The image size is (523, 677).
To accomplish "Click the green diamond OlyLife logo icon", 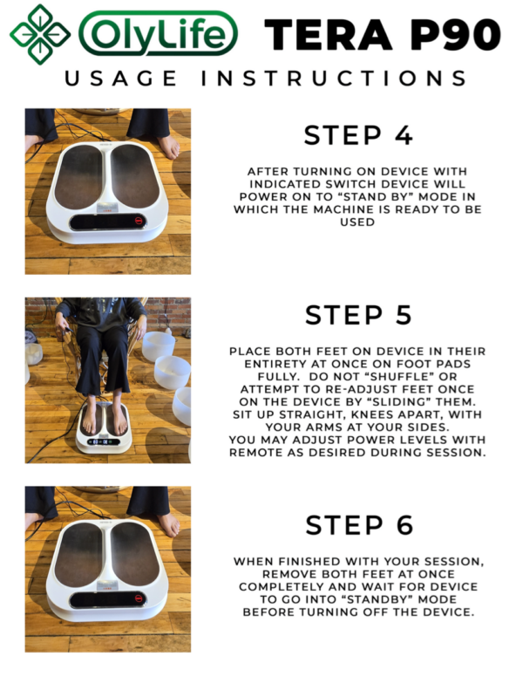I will (x=39, y=34).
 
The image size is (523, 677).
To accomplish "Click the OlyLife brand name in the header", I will (x=159, y=36).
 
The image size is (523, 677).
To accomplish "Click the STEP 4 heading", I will (x=358, y=135).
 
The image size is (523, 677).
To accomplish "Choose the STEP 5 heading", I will (x=358, y=315).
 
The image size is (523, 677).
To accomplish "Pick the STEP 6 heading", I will (x=358, y=524).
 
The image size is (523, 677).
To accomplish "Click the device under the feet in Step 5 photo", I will (x=104, y=436).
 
